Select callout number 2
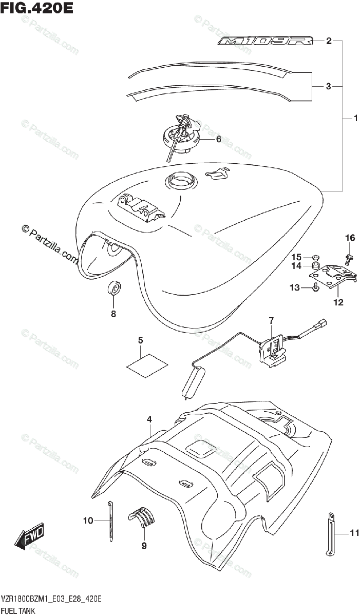[x=329, y=41]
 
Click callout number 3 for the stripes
[x=329, y=87]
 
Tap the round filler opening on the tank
[x=180, y=181]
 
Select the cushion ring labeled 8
[x=113, y=288]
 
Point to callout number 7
[x=271, y=321]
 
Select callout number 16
[x=350, y=238]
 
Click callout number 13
[x=294, y=287]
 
